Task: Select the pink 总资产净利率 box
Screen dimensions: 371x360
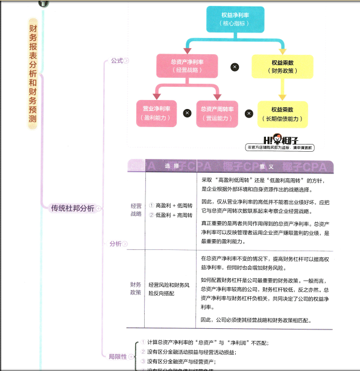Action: (x=186, y=66)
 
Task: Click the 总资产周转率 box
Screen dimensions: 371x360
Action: (x=215, y=113)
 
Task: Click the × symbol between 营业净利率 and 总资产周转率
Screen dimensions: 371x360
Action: (x=187, y=113)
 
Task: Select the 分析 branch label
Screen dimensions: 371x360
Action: (x=115, y=244)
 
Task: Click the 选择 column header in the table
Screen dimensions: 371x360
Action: (x=171, y=166)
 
